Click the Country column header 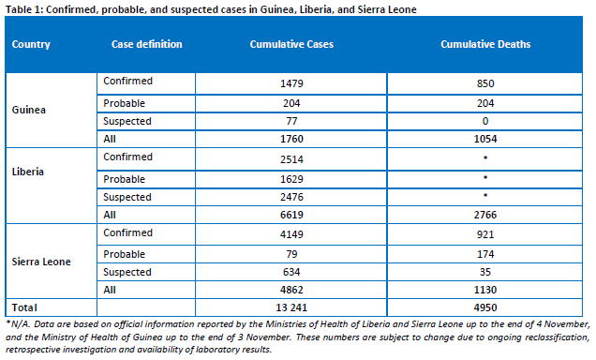click(31, 44)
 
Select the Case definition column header click(147, 44)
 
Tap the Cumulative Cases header click(291, 44)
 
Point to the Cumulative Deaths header click(485, 44)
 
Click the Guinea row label click(28, 110)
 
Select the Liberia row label click(28, 172)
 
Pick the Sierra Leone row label click(41, 262)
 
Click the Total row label click(24, 307)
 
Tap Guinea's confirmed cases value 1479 click(291, 83)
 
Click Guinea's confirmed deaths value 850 click(485, 83)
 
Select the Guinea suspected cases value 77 click(291, 121)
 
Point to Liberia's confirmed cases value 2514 click(291, 159)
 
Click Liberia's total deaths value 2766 click(485, 215)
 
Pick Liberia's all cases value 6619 click(291, 215)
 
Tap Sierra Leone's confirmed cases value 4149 click(291, 234)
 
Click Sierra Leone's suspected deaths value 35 click(485, 272)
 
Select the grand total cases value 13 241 click(291, 307)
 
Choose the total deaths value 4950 click(485, 307)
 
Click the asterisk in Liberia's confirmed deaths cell click(485, 157)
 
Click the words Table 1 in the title click(23, 9)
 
